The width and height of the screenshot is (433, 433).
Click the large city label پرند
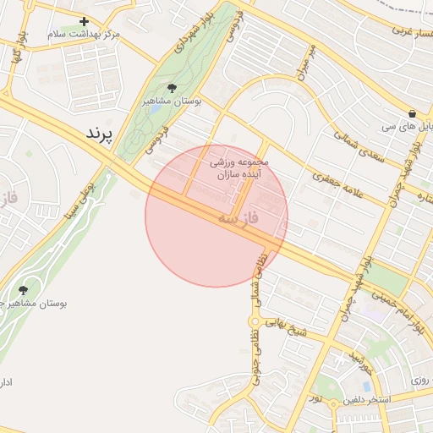coord(99,134)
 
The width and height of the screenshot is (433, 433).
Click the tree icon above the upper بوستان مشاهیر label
coord(173,88)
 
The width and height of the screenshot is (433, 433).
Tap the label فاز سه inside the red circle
coord(238,219)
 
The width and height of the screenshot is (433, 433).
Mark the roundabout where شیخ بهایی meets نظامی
coord(253,321)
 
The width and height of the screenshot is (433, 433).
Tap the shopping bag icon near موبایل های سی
coord(412,113)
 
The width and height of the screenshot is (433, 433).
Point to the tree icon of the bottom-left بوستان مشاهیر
coord(23,290)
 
